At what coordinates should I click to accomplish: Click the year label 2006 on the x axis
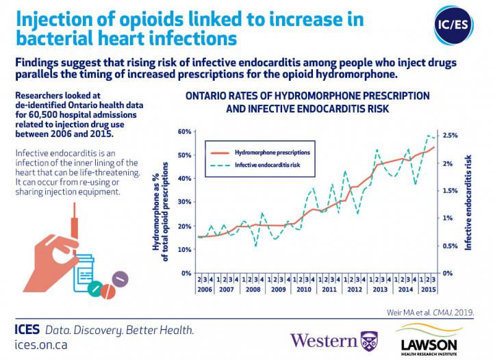point(205,290)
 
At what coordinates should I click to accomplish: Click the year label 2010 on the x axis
point(303,290)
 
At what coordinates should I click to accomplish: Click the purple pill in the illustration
point(120,279)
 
